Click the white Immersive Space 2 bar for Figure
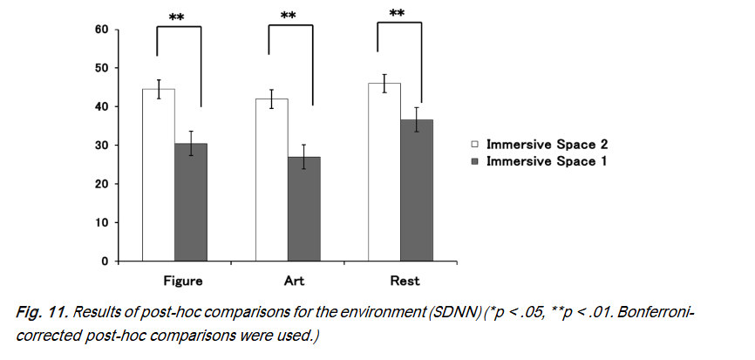pos(158,174)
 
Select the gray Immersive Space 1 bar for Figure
pos(191,202)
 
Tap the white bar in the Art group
pos(271,180)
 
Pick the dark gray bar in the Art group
pos(303,208)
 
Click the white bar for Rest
pos(384,172)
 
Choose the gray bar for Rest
pos(417,190)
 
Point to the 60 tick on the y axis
pos(102,30)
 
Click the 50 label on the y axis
pos(102,68)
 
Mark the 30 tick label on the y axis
pos(102,146)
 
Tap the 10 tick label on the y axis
pos(102,222)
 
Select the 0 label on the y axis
pos(105,261)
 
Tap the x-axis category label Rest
pos(405,282)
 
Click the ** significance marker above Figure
pos(176,17)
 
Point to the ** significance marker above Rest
pos(397,13)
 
